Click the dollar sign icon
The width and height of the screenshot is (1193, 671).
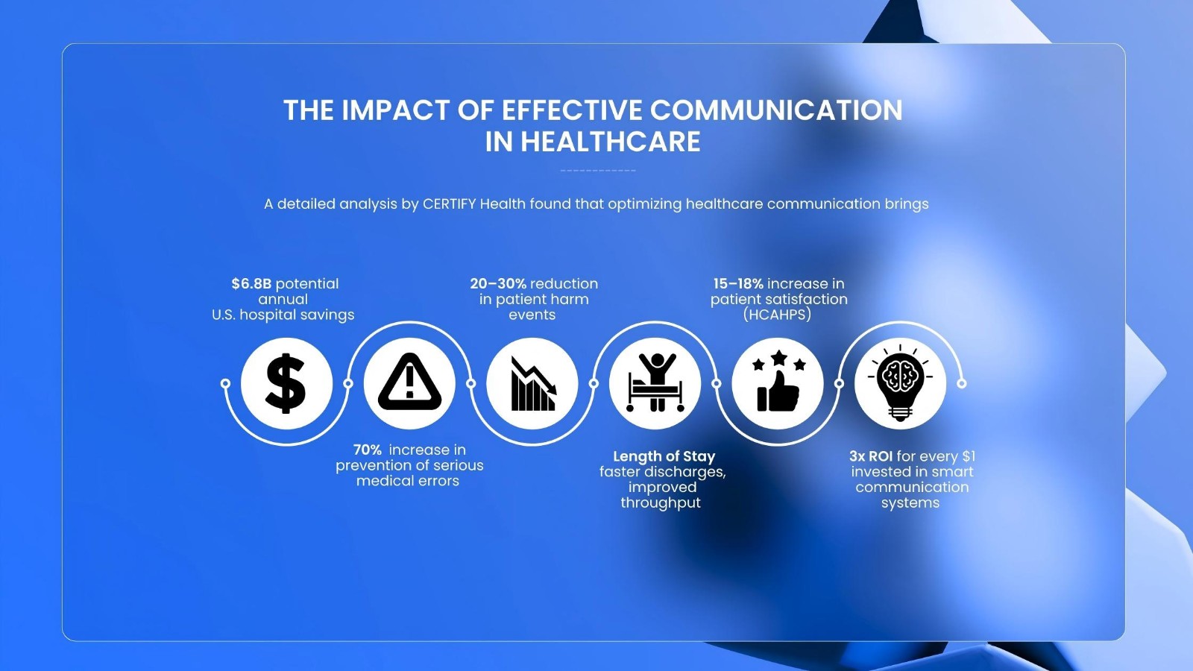[286, 383]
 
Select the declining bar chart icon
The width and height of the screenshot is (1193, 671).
[533, 384]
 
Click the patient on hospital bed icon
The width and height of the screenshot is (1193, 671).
[655, 382]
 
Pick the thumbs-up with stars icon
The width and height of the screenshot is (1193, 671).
[778, 381]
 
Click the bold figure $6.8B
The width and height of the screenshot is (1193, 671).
[251, 284]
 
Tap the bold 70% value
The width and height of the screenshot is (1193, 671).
[368, 450]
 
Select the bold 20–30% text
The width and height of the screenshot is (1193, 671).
[498, 284]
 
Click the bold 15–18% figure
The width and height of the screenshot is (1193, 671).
[738, 284]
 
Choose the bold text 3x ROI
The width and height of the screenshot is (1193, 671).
[871, 456]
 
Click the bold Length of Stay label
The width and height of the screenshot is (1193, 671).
[664, 456]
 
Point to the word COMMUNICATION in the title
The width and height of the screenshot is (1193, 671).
[776, 110]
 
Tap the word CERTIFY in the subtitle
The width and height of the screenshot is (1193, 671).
[449, 204]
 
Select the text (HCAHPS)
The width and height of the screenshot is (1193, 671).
[777, 315]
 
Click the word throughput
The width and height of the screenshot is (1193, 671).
[661, 503]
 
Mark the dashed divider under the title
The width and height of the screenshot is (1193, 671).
[598, 171]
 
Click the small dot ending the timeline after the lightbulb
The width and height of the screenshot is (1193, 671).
[961, 383]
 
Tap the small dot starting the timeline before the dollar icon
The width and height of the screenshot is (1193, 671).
[225, 383]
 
